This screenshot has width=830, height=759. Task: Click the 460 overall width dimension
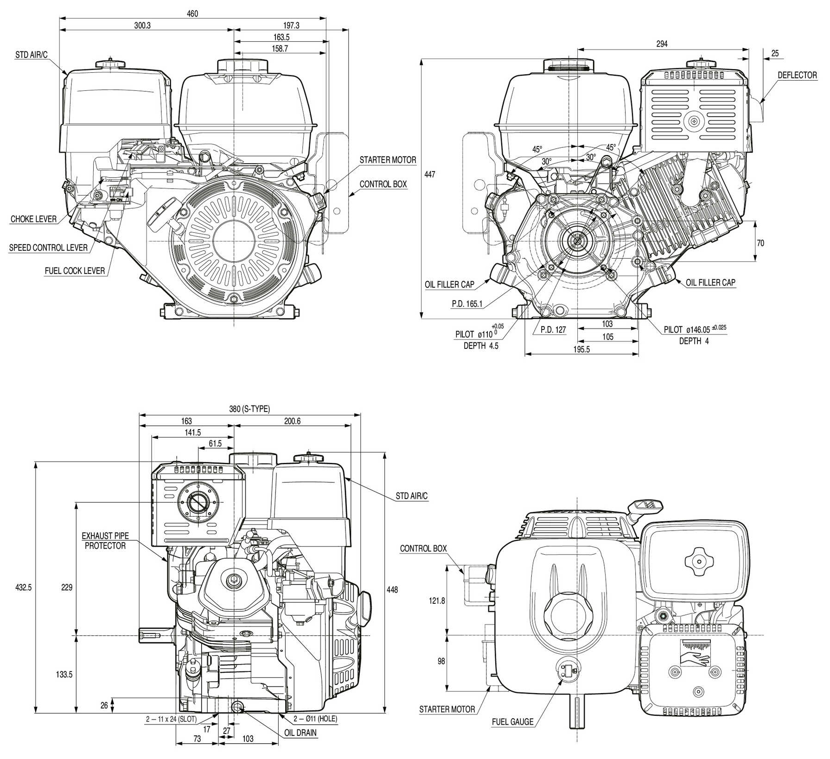click(192, 14)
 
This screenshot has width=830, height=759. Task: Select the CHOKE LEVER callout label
click(33, 219)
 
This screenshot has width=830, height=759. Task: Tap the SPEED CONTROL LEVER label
click(48, 248)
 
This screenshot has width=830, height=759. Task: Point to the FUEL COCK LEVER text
click(75, 271)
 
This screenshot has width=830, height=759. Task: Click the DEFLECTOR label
click(797, 76)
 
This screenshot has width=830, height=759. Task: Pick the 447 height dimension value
click(430, 175)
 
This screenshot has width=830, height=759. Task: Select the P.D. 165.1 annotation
click(467, 304)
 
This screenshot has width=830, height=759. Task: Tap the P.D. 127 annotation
click(553, 330)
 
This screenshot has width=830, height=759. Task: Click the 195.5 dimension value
click(581, 350)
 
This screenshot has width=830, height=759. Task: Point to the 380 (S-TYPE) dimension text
click(249, 409)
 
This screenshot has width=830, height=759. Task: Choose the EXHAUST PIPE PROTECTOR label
click(105, 541)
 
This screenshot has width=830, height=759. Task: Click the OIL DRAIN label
click(300, 733)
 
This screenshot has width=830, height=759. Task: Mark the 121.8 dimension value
click(436, 601)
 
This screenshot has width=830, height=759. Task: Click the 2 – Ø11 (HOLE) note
click(315, 719)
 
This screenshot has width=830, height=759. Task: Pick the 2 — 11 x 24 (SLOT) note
click(171, 720)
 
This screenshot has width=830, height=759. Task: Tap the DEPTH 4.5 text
click(481, 346)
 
